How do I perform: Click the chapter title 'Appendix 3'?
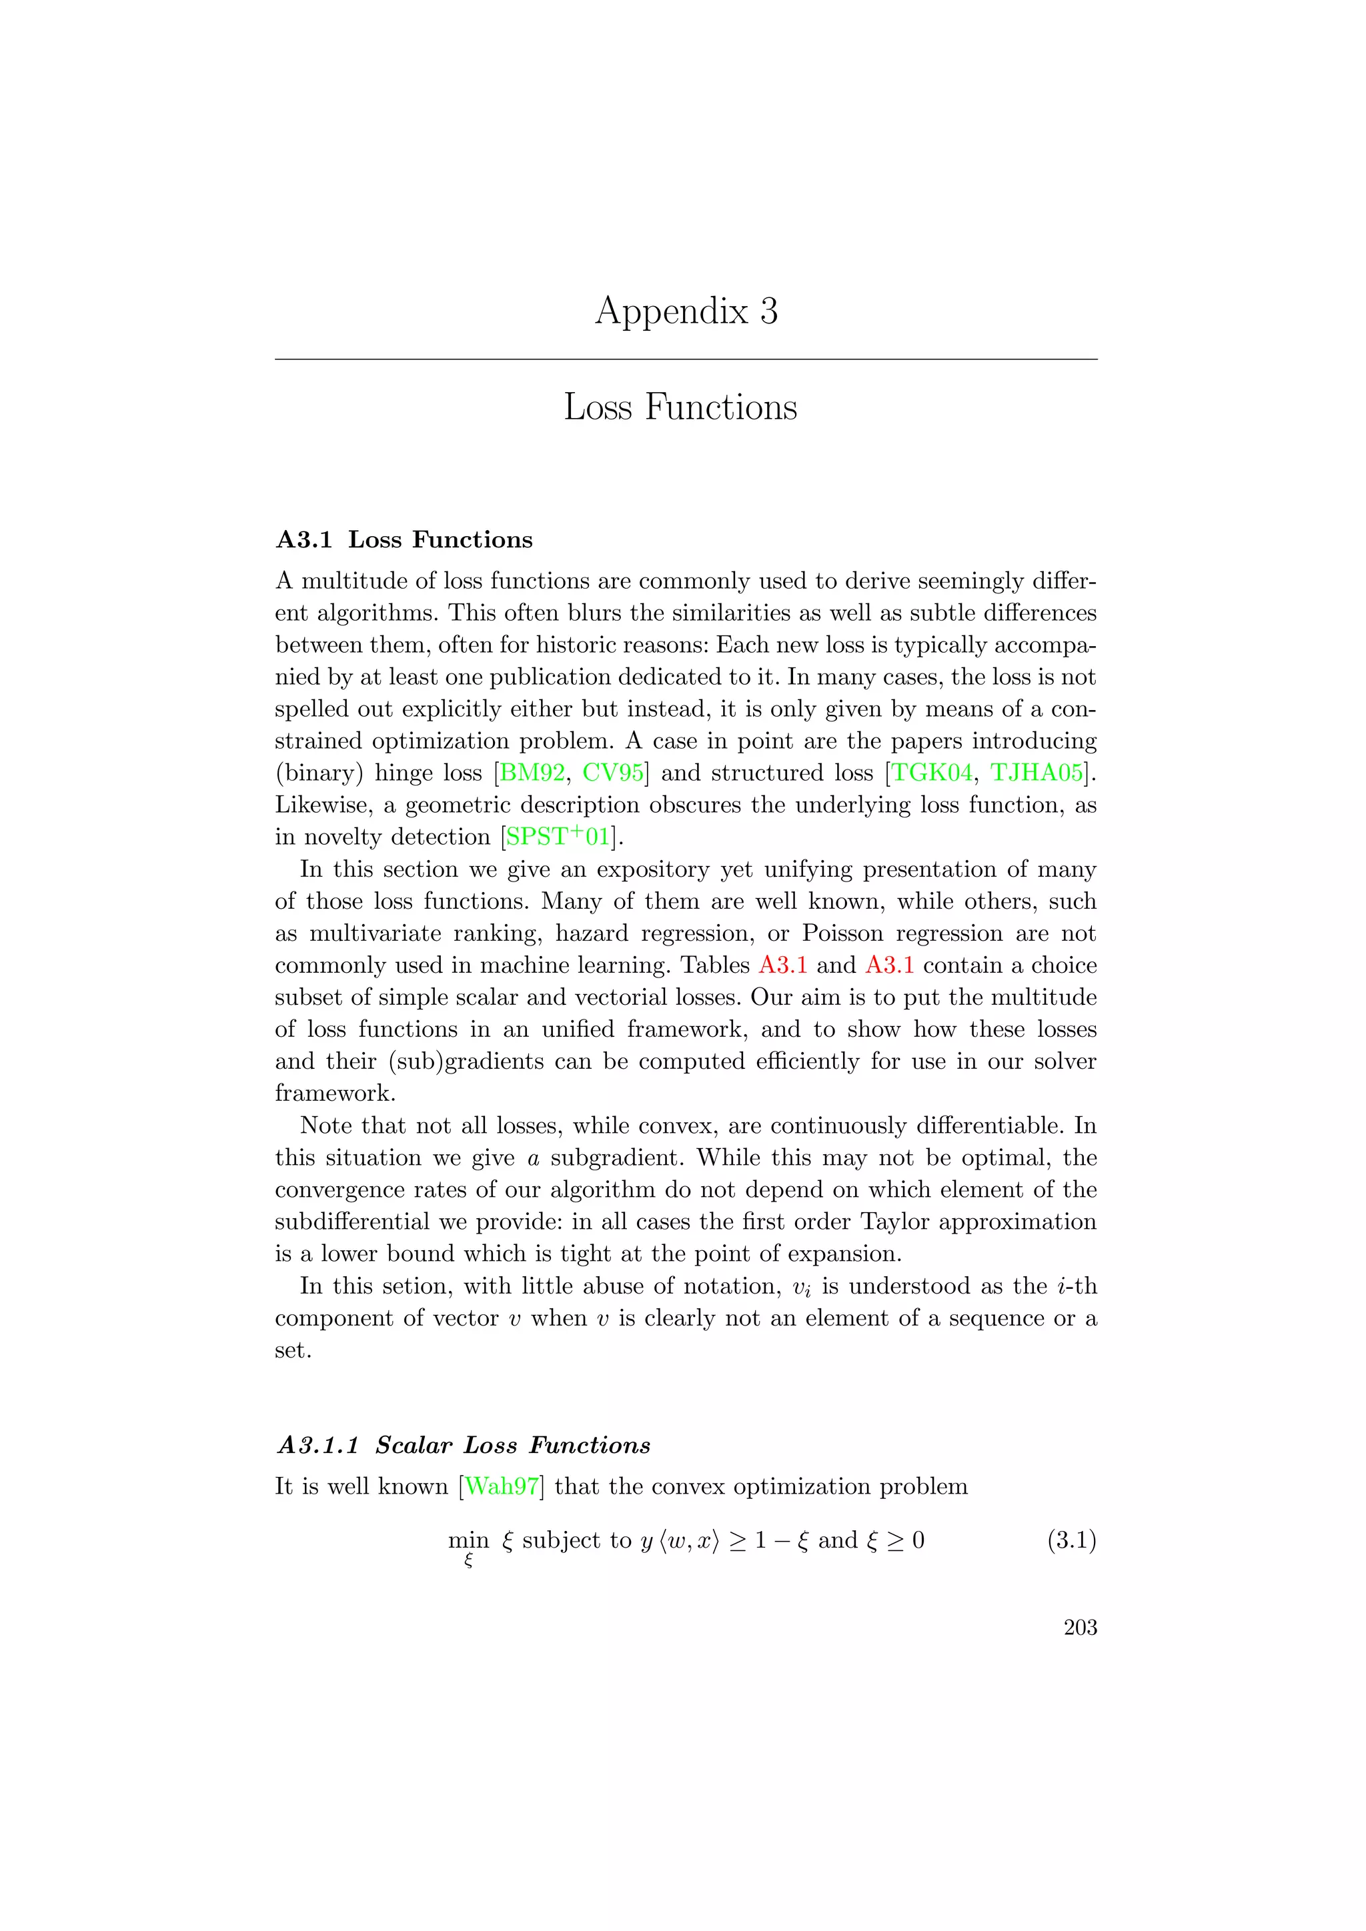click(x=686, y=312)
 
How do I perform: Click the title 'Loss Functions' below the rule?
click(x=680, y=407)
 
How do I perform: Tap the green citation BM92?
click(x=532, y=773)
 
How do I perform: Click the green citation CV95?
click(x=612, y=773)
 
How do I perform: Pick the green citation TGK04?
click(x=931, y=773)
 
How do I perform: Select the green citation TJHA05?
click(x=1037, y=773)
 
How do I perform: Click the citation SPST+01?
click(x=558, y=837)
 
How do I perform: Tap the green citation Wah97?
click(x=502, y=1487)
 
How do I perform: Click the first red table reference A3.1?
click(x=782, y=965)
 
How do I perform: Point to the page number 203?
click(x=1080, y=1628)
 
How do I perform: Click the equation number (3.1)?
click(x=1071, y=1541)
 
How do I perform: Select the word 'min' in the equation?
click(x=468, y=1541)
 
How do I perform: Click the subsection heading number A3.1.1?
click(x=318, y=1446)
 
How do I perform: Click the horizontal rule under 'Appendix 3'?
click(x=686, y=360)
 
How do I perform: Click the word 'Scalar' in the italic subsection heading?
click(x=413, y=1446)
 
